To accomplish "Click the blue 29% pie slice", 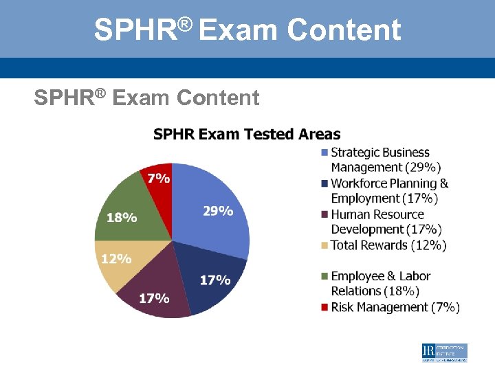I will [213, 227].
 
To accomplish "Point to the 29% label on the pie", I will [217, 211].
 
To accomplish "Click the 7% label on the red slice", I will [159, 178].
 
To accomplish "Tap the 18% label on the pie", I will [121, 217].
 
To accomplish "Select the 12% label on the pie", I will [115, 259].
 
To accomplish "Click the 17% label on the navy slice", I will [214, 280].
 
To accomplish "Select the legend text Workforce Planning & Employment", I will [389, 191].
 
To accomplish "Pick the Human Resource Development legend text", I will [386, 222].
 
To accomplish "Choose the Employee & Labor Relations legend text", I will [381, 284].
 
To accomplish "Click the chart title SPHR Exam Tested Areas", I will [247, 134].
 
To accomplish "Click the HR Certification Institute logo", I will [444, 352].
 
